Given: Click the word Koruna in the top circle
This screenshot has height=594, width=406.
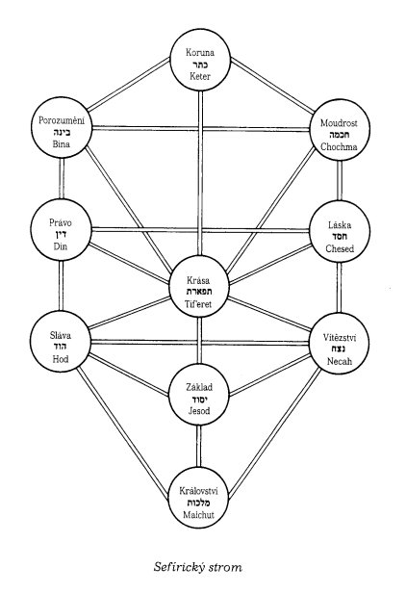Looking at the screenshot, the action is point(200,52).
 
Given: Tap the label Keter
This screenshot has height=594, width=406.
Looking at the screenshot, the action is point(200,76).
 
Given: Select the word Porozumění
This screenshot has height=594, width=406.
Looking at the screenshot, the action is point(62,120).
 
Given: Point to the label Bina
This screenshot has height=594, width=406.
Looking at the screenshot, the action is point(61,144).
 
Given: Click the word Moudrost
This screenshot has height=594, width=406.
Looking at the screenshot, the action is point(339,122).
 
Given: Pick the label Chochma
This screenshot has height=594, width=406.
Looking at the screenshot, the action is point(339,146).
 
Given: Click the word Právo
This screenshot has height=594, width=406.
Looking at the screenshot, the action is point(61,222).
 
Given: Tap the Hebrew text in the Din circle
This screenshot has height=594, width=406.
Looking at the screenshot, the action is point(61,235).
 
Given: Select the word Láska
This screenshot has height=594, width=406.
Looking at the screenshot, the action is point(340,225).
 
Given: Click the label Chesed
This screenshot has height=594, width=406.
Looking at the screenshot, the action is point(340,248).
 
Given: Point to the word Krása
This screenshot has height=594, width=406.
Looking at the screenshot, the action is point(198,280).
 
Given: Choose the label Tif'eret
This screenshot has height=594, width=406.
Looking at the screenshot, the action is point(198,304).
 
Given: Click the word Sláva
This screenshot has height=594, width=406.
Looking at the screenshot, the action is point(61,335).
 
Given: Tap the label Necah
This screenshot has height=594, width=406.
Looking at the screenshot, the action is point(340,361).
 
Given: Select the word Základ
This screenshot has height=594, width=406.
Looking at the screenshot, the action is point(199,387).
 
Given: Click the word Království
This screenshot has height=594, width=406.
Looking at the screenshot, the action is point(198,491).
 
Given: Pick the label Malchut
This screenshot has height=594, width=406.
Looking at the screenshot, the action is point(198,515).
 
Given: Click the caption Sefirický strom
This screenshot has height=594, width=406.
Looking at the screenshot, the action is point(197,567).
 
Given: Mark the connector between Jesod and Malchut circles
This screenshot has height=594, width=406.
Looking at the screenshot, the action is point(199,447).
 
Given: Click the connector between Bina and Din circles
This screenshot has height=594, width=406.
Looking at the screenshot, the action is point(61,178).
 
